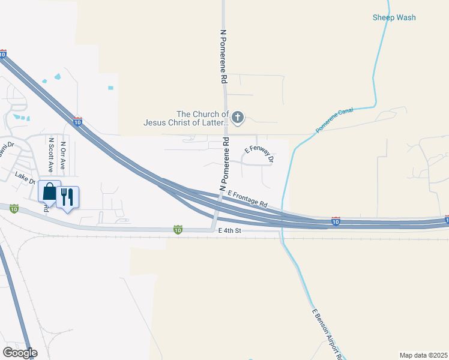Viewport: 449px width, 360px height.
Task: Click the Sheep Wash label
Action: tap(394, 17)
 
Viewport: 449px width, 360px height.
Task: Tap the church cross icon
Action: tap(238, 117)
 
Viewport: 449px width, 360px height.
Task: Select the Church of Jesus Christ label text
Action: tap(186, 118)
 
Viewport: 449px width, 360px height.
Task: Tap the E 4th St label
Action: tap(229, 230)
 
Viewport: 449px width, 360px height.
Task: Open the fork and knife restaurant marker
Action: tap(67, 197)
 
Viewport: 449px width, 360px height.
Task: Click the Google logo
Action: tap(19, 353)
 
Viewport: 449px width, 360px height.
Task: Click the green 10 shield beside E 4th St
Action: tap(178, 229)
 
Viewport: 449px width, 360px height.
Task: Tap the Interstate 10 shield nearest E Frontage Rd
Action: tap(336, 221)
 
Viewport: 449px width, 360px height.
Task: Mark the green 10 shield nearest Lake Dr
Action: tap(14, 209)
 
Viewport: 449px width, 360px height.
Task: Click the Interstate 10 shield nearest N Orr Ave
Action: tap(78, 121)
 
